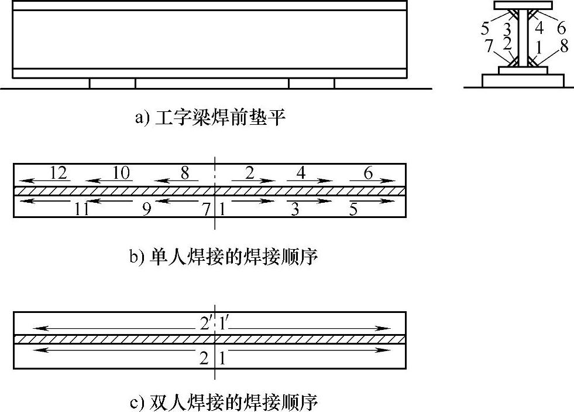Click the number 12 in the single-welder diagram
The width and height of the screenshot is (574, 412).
59,173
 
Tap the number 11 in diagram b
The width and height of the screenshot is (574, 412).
81,209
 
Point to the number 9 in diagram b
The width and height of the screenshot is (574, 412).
146,209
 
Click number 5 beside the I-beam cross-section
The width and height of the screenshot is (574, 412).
485,28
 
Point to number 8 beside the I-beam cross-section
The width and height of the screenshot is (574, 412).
563,47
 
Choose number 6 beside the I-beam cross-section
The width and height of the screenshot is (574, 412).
561,28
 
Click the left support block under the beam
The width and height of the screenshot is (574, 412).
112,83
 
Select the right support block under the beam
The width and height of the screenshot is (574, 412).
311,83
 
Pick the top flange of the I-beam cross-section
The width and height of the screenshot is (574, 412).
523,5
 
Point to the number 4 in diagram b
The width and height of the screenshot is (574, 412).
301,173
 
